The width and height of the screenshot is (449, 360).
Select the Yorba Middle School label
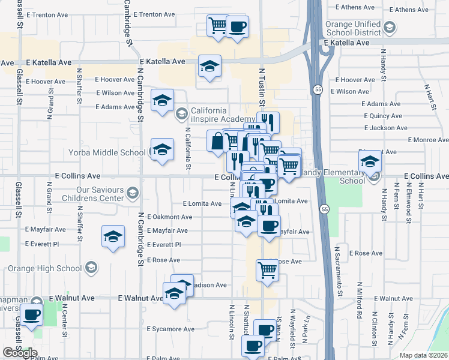pos(106,152)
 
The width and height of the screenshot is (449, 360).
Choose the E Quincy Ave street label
pos(382,116)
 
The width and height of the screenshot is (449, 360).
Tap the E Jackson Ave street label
pos(385,128)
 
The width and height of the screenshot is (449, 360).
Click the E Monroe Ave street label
pos(428,140)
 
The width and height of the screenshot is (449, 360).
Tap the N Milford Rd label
pos(359,299)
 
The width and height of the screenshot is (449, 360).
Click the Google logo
pos(19,353)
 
